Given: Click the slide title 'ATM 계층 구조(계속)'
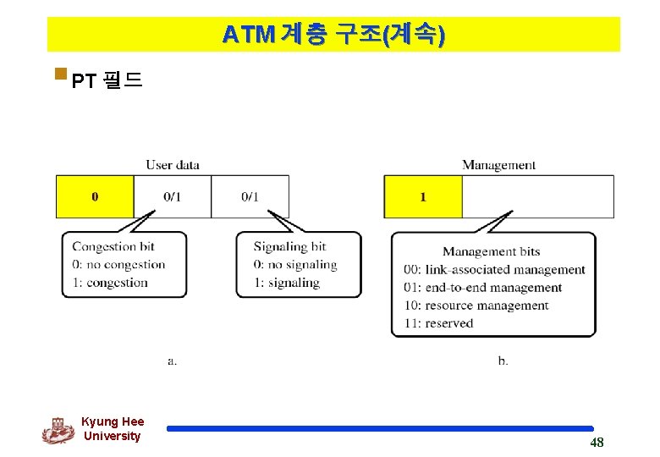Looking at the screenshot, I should tap(333, 35).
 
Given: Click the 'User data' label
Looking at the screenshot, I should tap(173, 164).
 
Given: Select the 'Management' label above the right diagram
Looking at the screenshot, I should tap(498, 165).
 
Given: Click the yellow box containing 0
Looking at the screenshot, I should tap(95, 196).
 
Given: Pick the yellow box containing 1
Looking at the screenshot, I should tap(423, 196).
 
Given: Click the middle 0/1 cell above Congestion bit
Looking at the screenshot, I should tap(172, 196).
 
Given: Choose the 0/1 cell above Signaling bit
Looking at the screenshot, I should tap(250, 196).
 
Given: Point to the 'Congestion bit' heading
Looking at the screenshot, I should tap(113, 246).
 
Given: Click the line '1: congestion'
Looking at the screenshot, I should tap(110, 282).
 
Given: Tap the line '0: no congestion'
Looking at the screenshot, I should tap(118, 264).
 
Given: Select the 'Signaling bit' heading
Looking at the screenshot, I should tap(289, 246).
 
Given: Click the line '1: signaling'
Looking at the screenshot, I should tap(287, 282).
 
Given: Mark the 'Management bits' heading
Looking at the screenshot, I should tap(491, 251).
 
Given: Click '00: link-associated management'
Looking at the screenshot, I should tap(494, 270).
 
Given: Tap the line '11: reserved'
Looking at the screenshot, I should tap(438, 323).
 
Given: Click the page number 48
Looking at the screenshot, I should tap(597, 443).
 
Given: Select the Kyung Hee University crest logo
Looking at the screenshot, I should tap(58, 430).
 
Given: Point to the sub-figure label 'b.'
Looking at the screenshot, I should tap(503, 361).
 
